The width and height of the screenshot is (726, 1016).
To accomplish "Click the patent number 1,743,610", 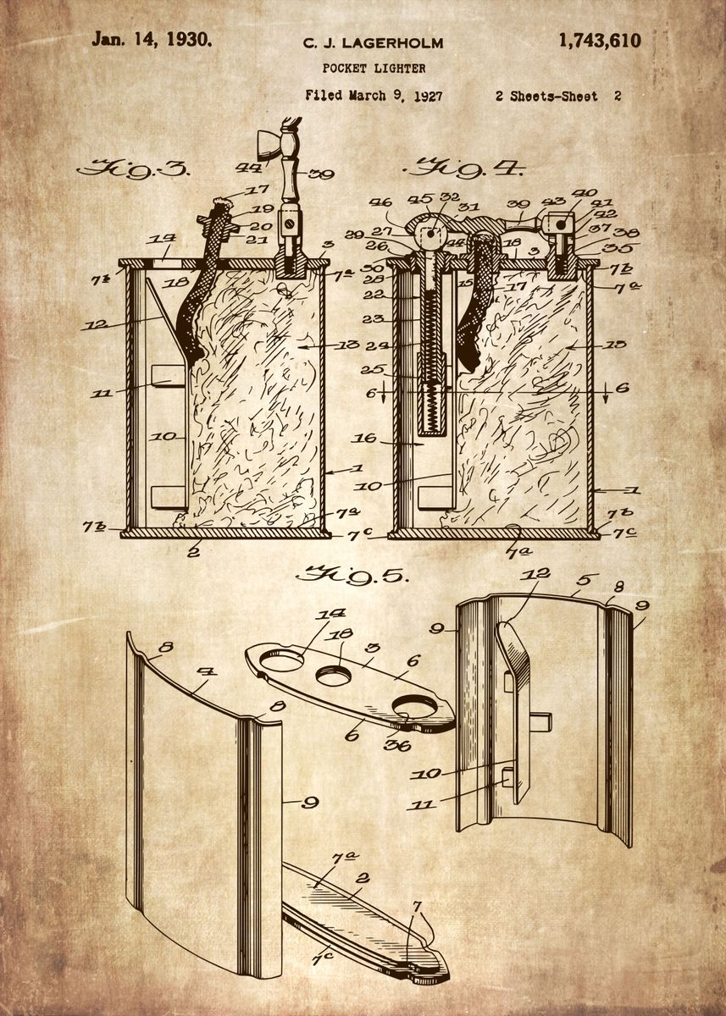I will (x=599, y=40).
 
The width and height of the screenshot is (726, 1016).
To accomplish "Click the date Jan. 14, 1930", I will (x=152, y=38).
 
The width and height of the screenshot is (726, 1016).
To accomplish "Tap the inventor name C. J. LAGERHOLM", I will (x=374, y=42).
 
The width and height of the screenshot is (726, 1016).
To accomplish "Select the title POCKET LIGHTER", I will (x=374, y=68).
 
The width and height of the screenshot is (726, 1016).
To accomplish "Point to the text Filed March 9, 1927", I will (x=374, y=96).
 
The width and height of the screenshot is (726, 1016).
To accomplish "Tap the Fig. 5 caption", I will (x=352, y=576).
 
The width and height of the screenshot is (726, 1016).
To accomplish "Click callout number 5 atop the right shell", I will (x=583, y=582).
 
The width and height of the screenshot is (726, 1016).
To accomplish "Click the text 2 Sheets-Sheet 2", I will (x=558, y=96).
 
